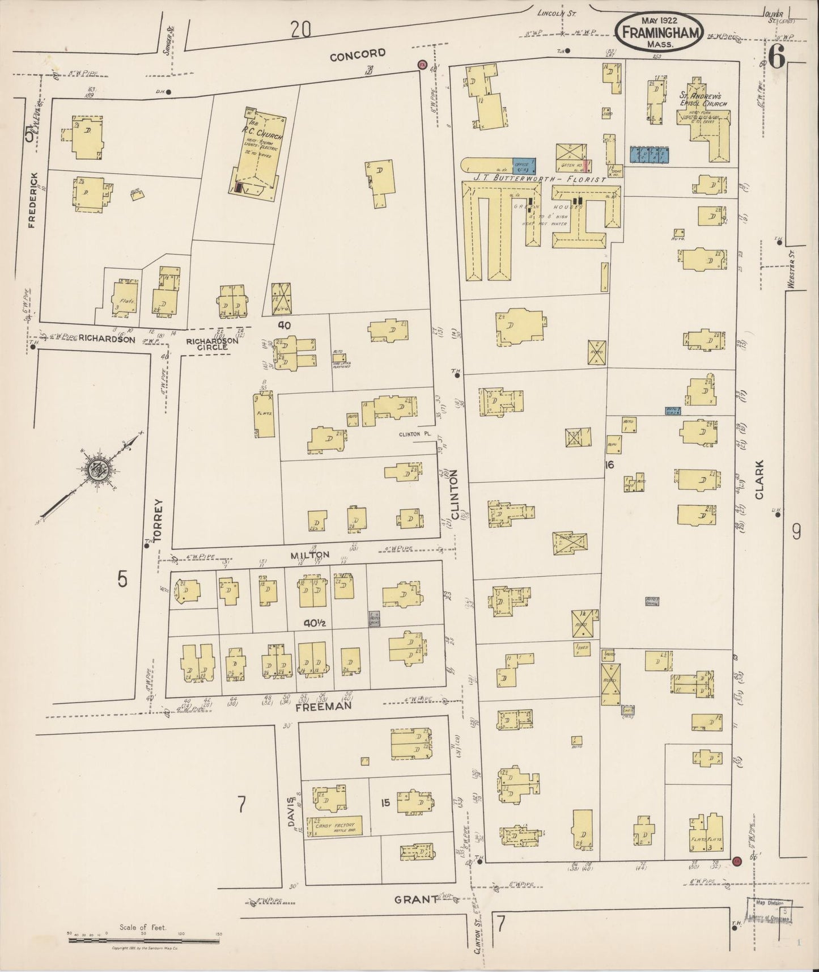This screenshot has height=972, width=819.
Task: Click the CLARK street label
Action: (x=759, y=479)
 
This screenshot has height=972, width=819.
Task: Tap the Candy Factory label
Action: (x=334, y=826)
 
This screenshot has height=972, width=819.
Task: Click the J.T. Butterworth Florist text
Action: (x=538, y=179)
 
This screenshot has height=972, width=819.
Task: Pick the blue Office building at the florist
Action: (x=524, y=164)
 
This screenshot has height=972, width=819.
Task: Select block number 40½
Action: (x=312, y=623)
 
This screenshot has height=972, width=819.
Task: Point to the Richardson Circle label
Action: (x=207, y=344)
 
